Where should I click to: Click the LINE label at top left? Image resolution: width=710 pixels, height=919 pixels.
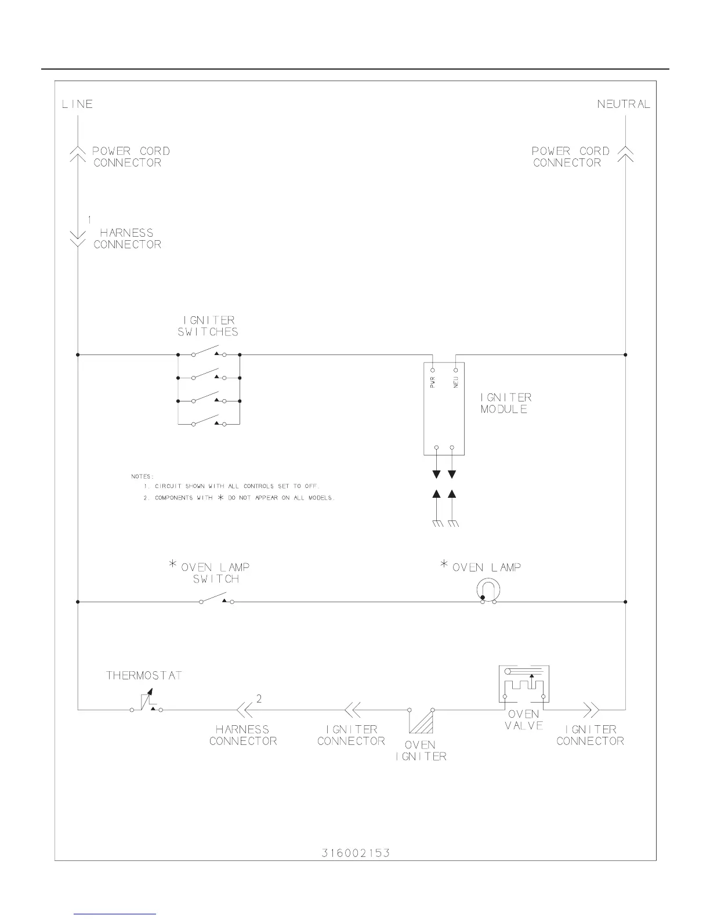[77, 104]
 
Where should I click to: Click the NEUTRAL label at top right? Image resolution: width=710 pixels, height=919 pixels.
[624, 104]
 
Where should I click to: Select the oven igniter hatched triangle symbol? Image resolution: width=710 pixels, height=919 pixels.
[421, 721]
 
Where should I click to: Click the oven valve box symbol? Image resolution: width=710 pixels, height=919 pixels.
[524, 686]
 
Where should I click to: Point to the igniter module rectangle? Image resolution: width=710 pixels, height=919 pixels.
[444, 409]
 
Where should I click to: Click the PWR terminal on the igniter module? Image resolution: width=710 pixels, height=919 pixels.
[433, 370]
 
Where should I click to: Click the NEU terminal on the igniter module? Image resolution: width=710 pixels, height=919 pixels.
[455, 370]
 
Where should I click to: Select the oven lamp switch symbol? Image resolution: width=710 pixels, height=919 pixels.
[216, 599]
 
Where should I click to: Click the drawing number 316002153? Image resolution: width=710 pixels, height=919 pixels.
[356, 853]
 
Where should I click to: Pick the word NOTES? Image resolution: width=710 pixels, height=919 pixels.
[143, 476]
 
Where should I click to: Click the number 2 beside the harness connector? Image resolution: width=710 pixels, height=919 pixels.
[259, 699]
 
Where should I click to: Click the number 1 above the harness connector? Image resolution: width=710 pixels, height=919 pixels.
[89, 220]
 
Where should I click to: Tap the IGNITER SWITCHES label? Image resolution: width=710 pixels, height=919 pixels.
[208, 326]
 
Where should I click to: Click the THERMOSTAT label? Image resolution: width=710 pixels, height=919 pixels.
[144, 676]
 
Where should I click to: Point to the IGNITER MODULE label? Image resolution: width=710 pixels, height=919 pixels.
[506, 403]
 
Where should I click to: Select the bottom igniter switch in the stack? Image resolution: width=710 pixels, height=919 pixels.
[209, 422]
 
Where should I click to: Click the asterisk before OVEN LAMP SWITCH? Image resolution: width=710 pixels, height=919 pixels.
[173, 564]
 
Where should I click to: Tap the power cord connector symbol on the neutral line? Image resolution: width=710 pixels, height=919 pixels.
[625, 153]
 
